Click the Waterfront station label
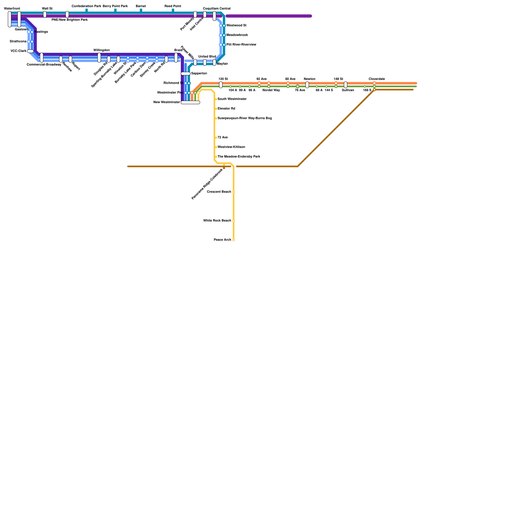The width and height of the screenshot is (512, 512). click(12, 9)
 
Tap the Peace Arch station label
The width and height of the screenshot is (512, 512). click(222, 240)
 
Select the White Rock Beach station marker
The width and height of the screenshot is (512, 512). click(234, 221)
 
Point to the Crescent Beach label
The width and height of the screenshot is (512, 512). click(219, 192)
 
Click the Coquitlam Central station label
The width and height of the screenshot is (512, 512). click(217, 9)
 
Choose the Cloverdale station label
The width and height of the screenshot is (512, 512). click(377, 79)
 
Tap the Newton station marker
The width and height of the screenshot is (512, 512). click(307, 85)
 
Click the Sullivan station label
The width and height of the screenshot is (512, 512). click(348, 90)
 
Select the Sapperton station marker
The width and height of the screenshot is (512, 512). click(186, 74)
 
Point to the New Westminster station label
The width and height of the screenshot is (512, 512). click(167, 102)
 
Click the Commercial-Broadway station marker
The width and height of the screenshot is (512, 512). click(42, 58)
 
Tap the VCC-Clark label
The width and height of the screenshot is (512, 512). click(18, 51)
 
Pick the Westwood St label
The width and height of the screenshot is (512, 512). click(236, 26)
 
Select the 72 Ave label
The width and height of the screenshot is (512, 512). click(223, 138)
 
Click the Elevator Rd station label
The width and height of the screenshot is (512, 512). click(226, 109)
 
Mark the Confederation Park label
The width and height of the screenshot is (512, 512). click(86, 6)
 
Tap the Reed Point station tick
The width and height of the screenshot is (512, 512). click(173, 11)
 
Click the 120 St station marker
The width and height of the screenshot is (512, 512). click(221, 85)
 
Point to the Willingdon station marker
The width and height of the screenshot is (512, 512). click(99, 58)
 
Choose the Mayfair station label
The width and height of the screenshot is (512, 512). click(222, 64)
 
